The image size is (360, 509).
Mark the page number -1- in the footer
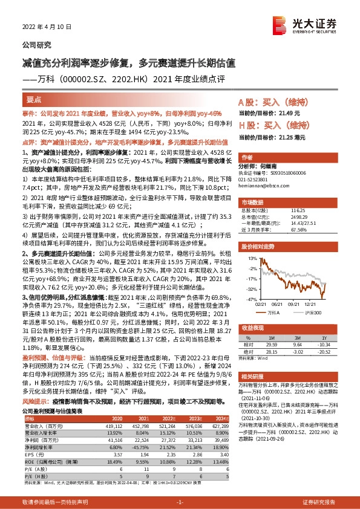click(x=179, y=502)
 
